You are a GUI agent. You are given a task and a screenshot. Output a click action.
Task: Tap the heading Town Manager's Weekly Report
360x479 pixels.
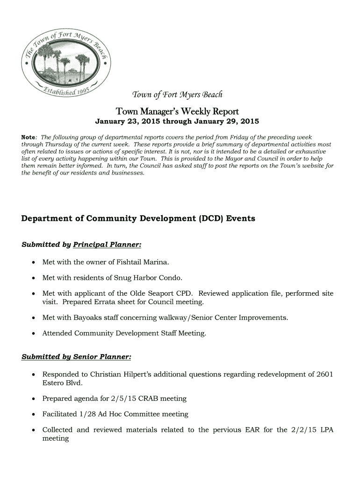[x=177, y=112]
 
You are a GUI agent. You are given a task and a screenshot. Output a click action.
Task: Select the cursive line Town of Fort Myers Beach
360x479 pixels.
[x=177, y=94]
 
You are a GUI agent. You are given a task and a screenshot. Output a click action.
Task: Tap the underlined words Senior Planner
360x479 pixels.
[x=102, y=357]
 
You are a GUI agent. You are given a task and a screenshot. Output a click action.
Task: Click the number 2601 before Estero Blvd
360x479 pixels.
[x=325, y=374]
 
